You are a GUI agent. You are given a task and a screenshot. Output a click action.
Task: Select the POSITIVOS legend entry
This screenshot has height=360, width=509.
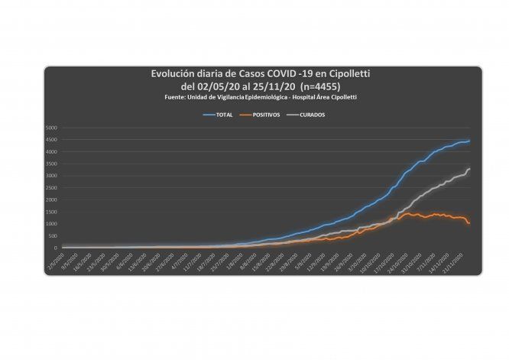[x=261, y=115]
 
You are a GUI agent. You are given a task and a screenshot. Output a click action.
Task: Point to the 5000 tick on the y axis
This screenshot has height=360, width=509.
[x=52, y=127]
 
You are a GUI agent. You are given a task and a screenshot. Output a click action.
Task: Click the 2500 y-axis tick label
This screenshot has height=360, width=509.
[x=52, y=187]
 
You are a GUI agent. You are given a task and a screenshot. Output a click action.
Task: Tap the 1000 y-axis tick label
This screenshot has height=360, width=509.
[x=52, y=224]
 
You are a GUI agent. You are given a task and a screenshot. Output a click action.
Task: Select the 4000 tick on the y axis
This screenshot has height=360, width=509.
[x=52, y=151]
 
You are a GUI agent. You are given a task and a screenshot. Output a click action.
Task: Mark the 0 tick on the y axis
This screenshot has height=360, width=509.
[x=56, y=248]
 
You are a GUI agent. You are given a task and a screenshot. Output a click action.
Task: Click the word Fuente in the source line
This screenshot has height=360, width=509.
[x=176, y=97]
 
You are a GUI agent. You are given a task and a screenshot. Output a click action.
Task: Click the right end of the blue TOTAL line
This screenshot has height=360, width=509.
[x=469, y=141]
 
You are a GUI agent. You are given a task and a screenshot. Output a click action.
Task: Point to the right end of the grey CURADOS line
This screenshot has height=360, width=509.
[x=469, y=169]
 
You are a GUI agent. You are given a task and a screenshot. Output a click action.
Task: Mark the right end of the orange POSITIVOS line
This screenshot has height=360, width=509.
[x=469, y=223]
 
